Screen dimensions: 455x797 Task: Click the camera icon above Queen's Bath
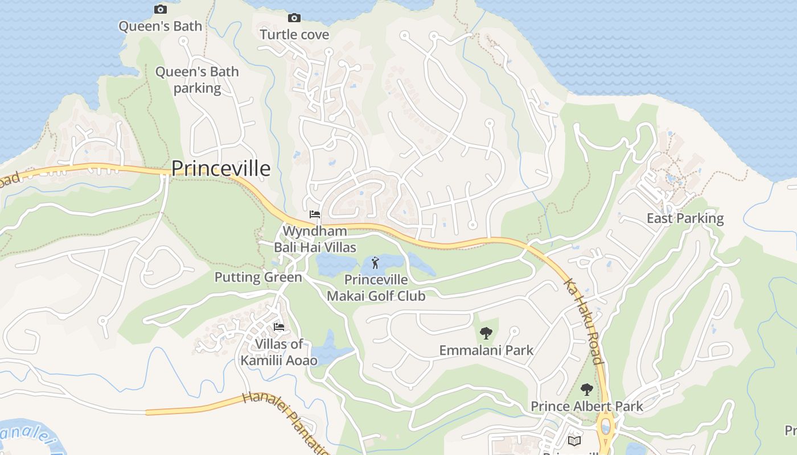point(161,9)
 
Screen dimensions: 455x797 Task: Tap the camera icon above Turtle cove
point(294,18)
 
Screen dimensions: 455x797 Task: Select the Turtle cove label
point(294,35)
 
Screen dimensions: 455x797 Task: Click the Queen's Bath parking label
point(197,80)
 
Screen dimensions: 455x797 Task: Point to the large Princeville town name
point(221,168)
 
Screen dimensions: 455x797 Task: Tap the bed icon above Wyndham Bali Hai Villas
point(314,214)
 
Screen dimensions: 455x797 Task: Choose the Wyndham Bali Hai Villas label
point(315,239)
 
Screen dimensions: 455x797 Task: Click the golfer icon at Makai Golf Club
point(375,263)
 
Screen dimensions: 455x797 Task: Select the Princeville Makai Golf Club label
point(376,288)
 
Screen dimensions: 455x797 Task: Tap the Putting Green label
point(258,278)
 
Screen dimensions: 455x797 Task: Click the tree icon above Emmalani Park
point(486,333)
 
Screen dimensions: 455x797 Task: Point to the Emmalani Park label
point(486,350)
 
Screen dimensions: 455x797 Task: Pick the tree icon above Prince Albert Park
point(586,390)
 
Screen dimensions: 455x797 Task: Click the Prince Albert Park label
point(586,406)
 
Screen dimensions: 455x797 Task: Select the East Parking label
point(685,218)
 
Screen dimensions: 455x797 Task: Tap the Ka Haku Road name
point(583,321)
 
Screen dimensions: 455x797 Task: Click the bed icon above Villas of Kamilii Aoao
point(279,327)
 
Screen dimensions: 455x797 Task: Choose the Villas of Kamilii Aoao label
point(279,352)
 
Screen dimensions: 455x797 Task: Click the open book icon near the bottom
point(574,441)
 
